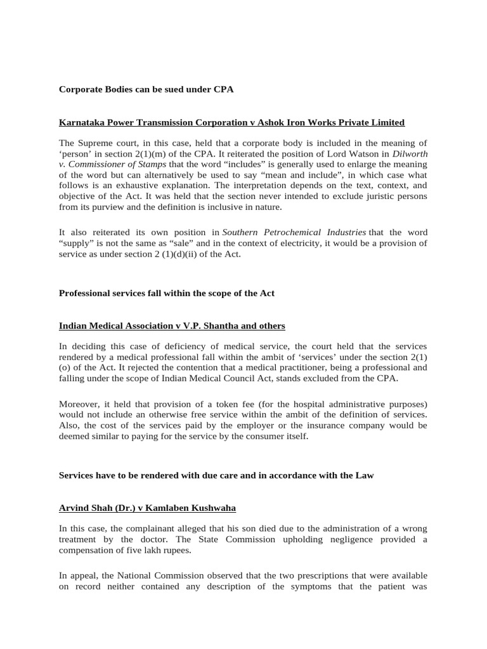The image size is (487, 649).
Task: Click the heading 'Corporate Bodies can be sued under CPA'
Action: (x=146, y=89)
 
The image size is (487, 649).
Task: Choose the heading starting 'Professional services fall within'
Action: (x=166, y=293)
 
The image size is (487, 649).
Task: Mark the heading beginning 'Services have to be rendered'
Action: (x=216, y=475)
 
